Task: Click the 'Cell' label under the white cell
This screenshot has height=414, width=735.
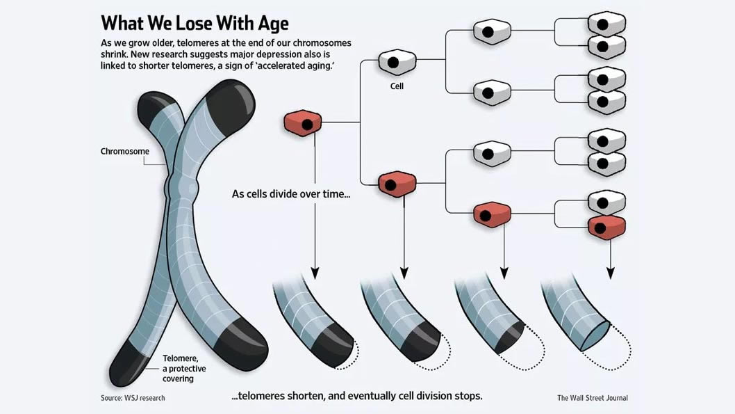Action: coord(397,87)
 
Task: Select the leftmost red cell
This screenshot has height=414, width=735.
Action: coord(302,123)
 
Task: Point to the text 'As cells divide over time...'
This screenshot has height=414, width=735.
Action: coord(291,194)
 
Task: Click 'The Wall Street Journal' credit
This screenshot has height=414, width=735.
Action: coord(592,398)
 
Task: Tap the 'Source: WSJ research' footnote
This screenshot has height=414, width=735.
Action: coord(133,398)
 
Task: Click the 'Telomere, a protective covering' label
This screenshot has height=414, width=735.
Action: coord(179,367)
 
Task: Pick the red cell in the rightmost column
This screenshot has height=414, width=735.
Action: coord(606,226)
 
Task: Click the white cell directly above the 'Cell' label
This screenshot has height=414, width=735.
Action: coord(397,62)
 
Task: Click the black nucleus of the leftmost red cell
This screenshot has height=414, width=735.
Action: coord(306,125)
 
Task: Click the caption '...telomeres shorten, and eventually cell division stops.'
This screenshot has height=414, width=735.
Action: coord(356,396)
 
